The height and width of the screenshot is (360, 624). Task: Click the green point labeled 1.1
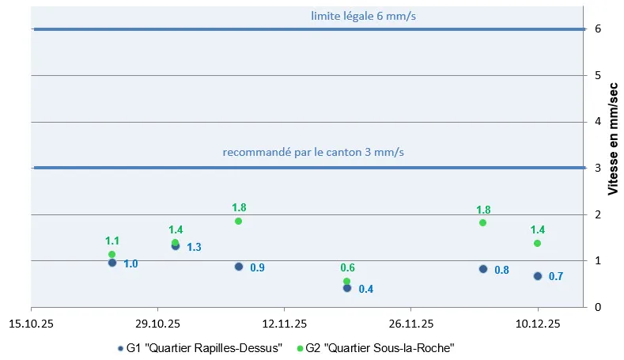pos(112,255)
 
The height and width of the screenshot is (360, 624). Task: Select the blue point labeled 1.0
pos(112,263)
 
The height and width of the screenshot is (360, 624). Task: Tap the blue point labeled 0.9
pos(239,267)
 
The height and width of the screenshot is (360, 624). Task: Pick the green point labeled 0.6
pos(346,281)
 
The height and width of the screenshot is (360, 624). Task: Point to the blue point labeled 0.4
pos(346,288)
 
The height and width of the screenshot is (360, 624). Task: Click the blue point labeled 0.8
pos(483,269)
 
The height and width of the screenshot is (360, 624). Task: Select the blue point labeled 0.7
pos(538,276)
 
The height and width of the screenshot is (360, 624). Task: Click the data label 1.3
pos(194,247)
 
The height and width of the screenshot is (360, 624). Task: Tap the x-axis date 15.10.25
pos(31,324)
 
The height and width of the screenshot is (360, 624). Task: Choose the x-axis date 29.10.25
pos(157,324)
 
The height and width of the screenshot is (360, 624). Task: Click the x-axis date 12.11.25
pos(284,324)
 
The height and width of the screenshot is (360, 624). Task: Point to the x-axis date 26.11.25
pos(410,324)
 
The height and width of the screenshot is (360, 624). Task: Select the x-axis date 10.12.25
pos(538,324)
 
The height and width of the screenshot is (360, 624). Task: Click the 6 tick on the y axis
pos(599,29)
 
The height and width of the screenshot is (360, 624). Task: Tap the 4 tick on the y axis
pos(599,122)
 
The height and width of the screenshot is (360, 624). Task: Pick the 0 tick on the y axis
pos(599,307)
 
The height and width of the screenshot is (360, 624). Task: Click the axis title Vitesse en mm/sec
pos(613,143)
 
